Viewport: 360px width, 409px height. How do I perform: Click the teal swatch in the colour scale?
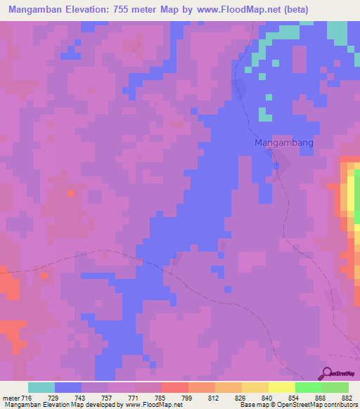pyautogui.click(x=41, y=387)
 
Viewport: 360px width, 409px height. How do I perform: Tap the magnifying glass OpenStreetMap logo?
pyautogui.click(x=326, y=374)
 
